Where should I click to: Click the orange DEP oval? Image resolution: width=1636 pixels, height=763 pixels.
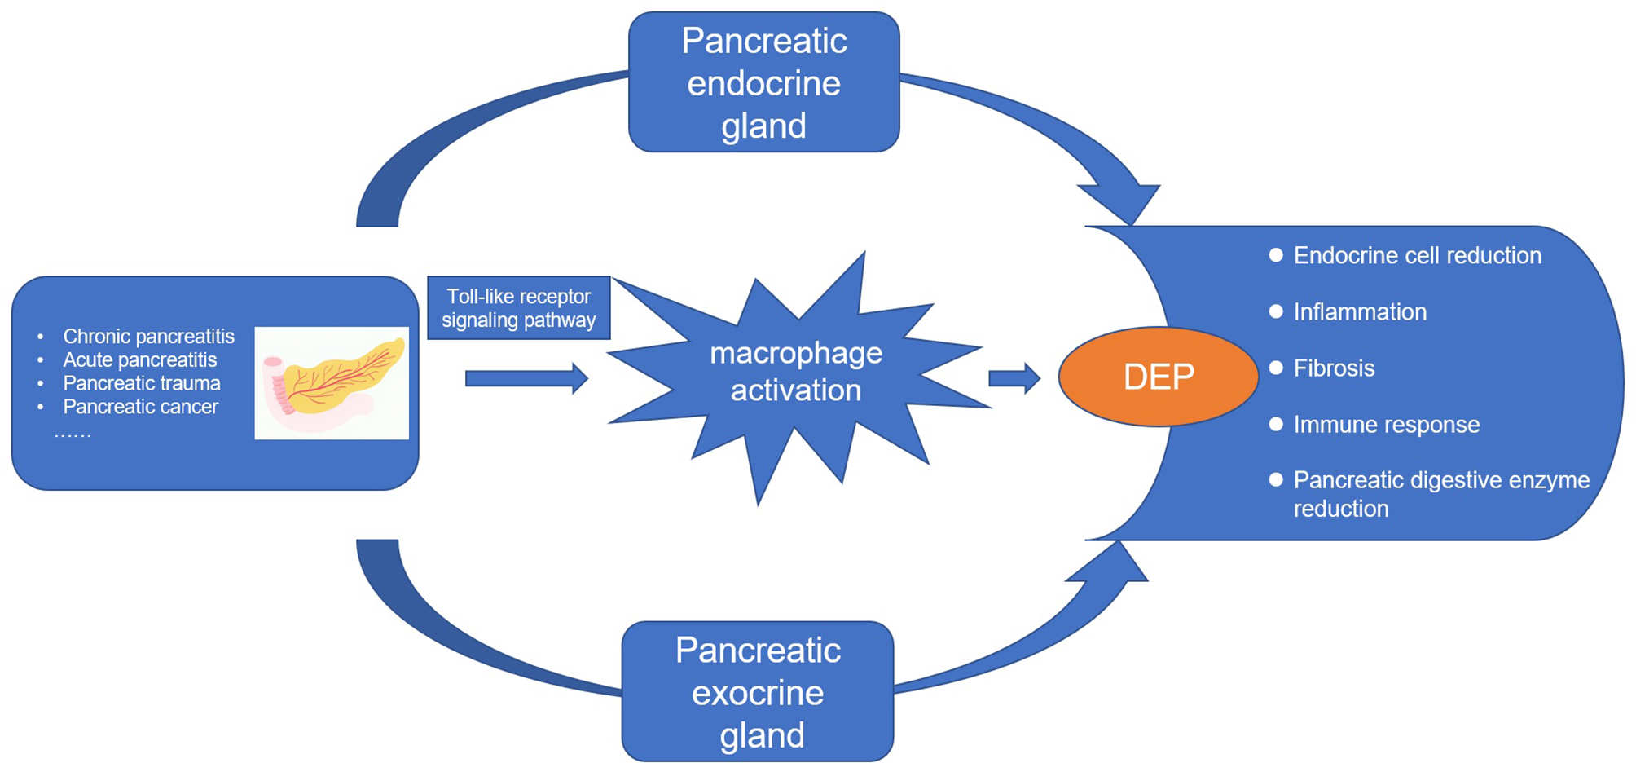1158,377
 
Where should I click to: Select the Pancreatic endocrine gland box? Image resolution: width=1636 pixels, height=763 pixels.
763,82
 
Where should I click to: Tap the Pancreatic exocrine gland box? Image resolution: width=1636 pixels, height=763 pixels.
758,692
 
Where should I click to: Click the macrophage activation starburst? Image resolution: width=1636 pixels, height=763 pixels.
795,372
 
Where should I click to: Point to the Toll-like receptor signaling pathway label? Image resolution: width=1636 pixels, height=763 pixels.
518,308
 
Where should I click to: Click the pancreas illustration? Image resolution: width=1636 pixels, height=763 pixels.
332,383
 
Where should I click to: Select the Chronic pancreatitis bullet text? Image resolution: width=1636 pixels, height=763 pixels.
148,337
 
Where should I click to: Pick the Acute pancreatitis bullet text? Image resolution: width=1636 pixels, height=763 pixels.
140,360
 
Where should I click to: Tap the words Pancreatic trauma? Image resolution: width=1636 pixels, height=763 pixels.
142,383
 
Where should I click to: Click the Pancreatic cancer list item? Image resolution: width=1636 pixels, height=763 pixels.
140,407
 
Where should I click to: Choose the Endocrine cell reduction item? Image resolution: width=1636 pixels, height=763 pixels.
1417,256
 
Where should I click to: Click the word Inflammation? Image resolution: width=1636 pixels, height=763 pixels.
1360,312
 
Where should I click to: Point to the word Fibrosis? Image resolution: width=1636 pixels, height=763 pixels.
1334,368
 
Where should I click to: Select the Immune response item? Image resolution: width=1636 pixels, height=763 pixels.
1386,425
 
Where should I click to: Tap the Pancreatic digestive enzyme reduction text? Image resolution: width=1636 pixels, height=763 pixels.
1440,494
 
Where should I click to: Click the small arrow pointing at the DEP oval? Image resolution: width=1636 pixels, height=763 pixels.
1014,378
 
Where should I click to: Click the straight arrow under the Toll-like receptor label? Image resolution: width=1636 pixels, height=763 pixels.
526,378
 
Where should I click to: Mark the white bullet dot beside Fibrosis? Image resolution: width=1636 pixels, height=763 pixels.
1276,368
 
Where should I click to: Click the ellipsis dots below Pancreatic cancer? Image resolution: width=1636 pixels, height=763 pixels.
73,434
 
